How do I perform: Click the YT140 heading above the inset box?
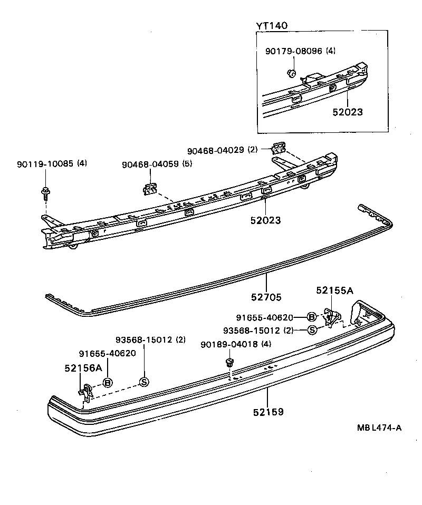(272, 26)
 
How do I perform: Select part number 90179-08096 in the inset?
(294, 51)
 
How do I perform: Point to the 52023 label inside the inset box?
(348, 112)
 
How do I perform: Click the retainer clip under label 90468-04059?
(150, 188)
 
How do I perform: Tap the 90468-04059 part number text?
(150, 164)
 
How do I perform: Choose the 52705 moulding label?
(266, 297)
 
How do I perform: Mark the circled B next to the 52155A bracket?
(312, 317)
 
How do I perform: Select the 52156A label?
(83, 368)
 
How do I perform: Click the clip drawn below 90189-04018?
(229, 362)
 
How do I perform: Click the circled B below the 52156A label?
(108, 382)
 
